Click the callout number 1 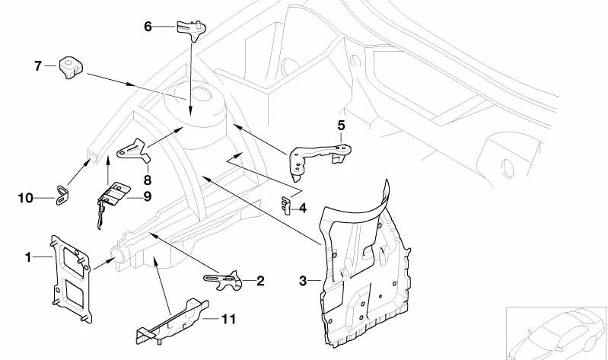click(x=28, y=257)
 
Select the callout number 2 click(x=260, y=281)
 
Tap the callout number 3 click(x=302, y=282)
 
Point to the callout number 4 click(x=302, y=207)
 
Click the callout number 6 click(x=148, y=27)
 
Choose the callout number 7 click(x=37, y=66)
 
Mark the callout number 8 click(x=147, y=180)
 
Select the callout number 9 click(x=148, y=197)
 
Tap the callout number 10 click(x=25, y=198)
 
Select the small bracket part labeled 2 click(x=223, y=279)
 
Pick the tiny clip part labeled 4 click(x=286, y=205)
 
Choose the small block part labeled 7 click(x=69, y=66)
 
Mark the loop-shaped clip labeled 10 click(x=59, y=196)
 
